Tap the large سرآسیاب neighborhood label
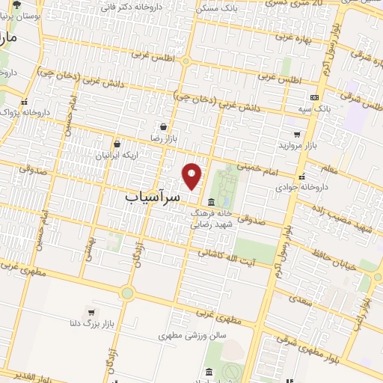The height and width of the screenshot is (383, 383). coord(150,197)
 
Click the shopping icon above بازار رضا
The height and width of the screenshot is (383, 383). coord(162,127)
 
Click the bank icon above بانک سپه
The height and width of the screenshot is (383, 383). coord(314,97)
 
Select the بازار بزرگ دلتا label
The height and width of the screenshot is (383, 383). coord(91,325)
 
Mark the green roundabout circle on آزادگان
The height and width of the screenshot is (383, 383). coord(127,293)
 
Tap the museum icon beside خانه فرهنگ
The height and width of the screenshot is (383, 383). coord(211,202)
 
